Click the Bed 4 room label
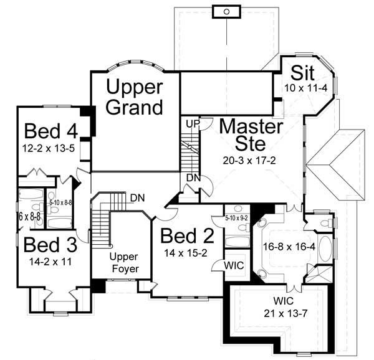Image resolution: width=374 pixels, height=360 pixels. click(52, 132)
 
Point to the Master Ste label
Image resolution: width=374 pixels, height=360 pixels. click(251, 135)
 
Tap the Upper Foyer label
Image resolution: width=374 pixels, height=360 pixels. click(123, 263)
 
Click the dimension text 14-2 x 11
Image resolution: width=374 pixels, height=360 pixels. click(47, 261)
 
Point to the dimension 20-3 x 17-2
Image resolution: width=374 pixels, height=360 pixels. click(249, 159)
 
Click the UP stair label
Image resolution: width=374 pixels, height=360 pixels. click(191, 124)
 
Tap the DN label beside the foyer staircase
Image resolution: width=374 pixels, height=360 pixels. click(138, 198)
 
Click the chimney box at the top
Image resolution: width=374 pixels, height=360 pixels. click(226, 11)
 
